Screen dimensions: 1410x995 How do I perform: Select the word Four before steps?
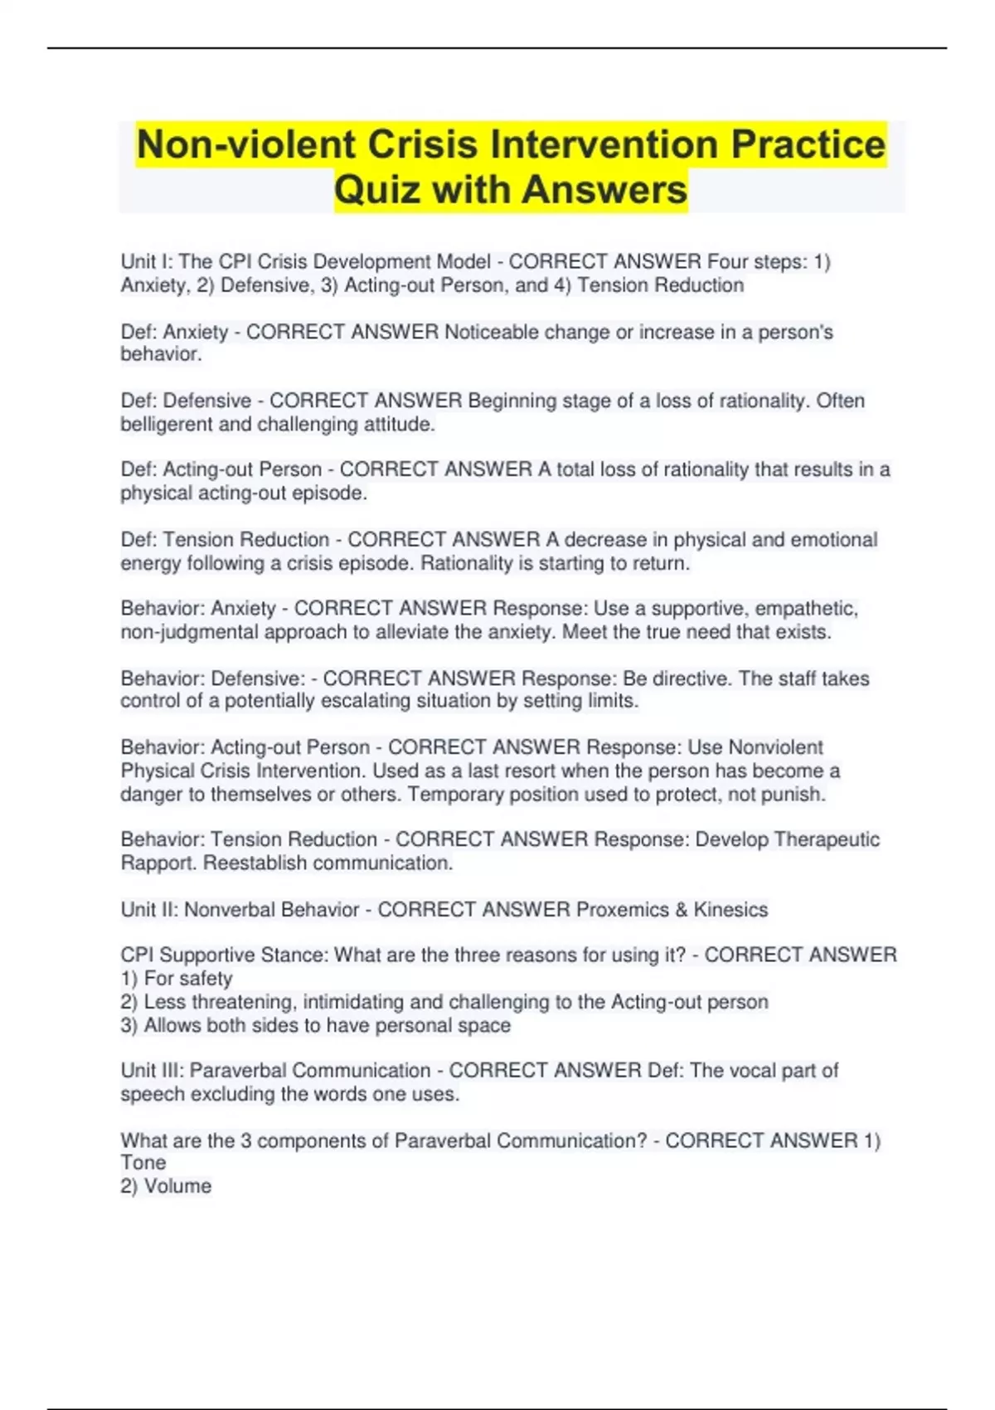[x=726, y=262]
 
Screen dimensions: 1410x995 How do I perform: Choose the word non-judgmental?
[x=190, y=632]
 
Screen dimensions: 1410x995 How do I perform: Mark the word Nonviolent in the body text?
[x=775, y=747]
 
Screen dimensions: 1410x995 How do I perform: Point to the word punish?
[x=795, y=795]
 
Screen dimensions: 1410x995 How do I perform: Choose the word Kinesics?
[x=730, y=910]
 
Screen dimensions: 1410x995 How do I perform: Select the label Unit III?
[x=150, y=1071]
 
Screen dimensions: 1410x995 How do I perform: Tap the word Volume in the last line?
[x=177, y=1186]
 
